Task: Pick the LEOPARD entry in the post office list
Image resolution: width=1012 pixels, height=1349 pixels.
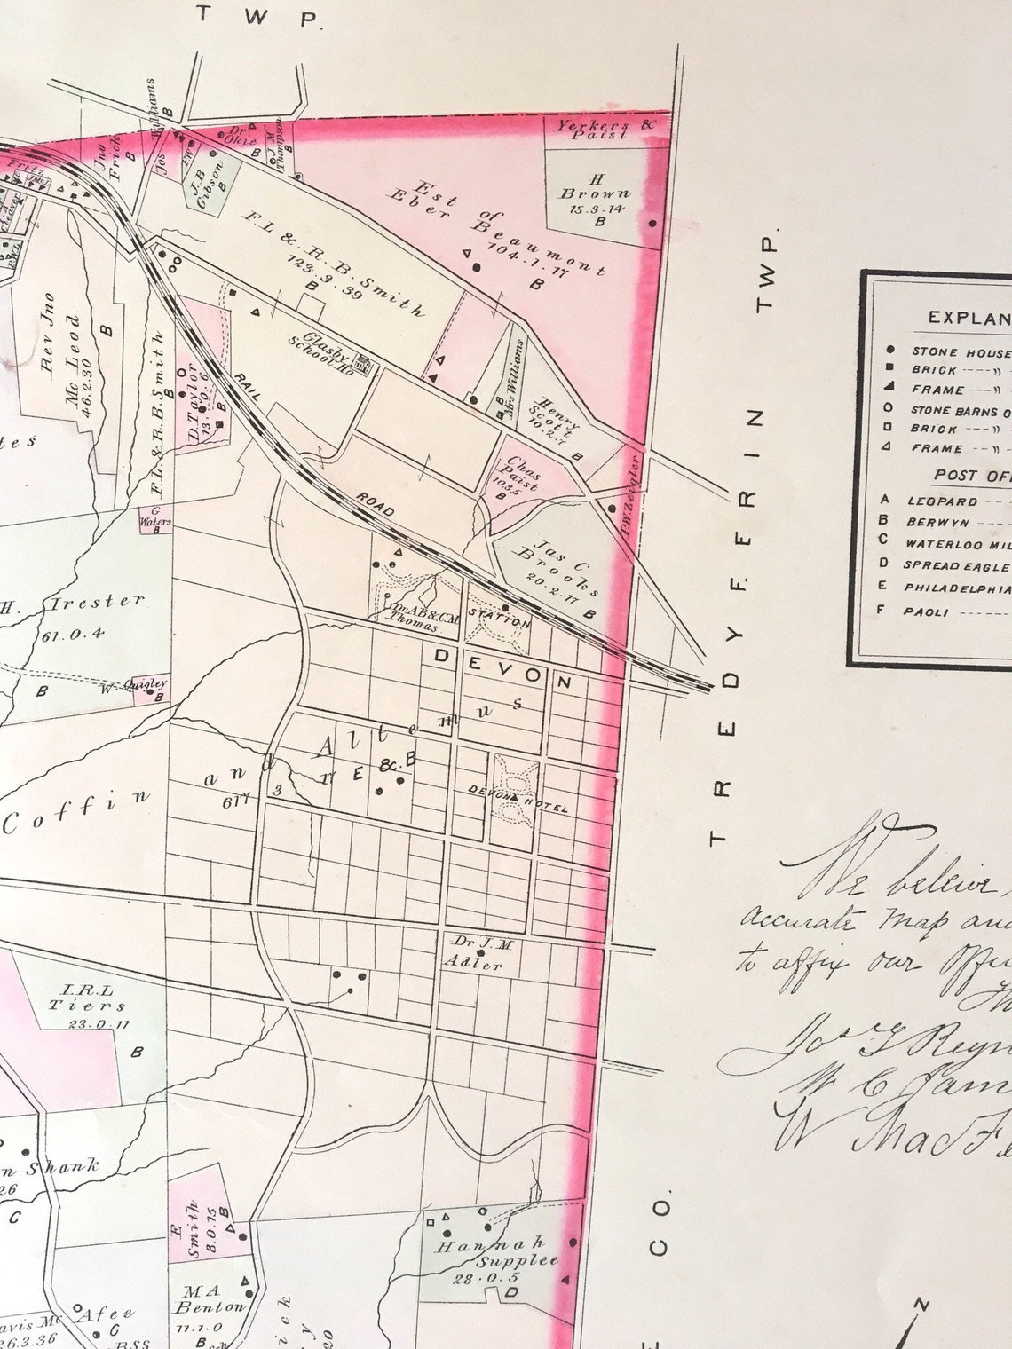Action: click(941, 501)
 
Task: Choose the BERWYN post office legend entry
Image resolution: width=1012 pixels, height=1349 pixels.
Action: click(938, 522)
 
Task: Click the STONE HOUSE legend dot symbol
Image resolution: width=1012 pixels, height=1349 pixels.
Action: click(890, 351)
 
